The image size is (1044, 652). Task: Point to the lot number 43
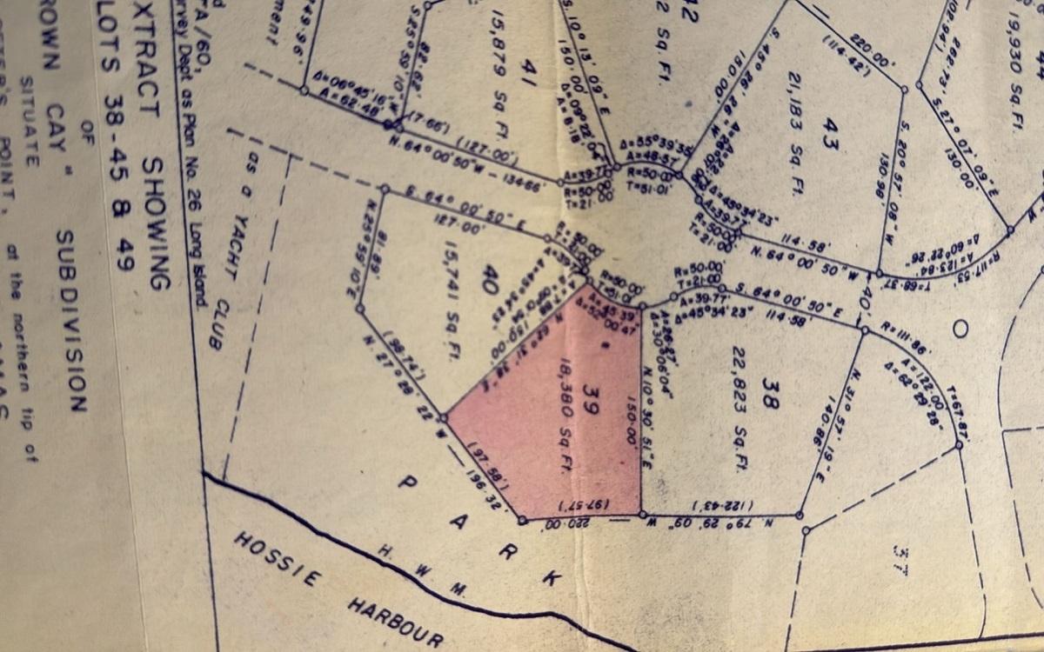pos(830,137)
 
